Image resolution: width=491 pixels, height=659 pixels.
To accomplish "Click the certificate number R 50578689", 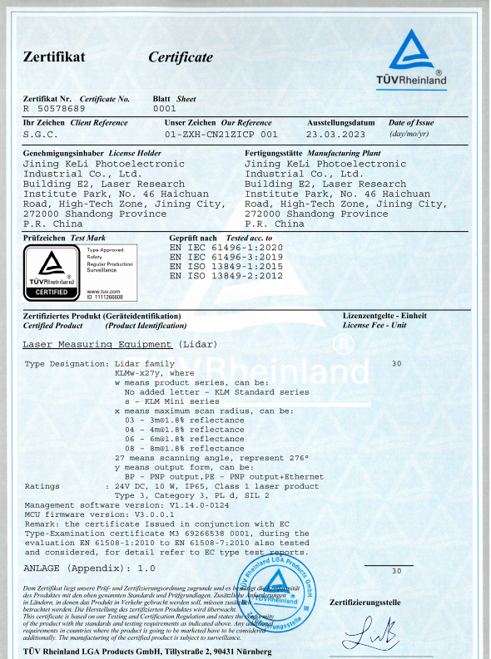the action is (x=54, y=109).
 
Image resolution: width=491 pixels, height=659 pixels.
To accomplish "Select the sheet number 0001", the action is (x=165, y=109).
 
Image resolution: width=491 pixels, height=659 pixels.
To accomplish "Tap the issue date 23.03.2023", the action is (x=335, y=133).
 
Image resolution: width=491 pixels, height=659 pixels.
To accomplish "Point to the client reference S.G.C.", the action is (x=39, y=133).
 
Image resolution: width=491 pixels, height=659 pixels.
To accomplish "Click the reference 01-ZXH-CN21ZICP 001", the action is (x=221, y=133).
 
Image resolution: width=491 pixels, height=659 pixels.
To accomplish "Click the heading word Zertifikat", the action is (x=55, y=57).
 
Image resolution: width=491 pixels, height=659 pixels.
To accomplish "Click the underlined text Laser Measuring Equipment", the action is (x=97, y=343).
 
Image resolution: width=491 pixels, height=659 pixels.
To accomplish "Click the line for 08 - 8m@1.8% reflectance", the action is (x=184, y=447).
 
